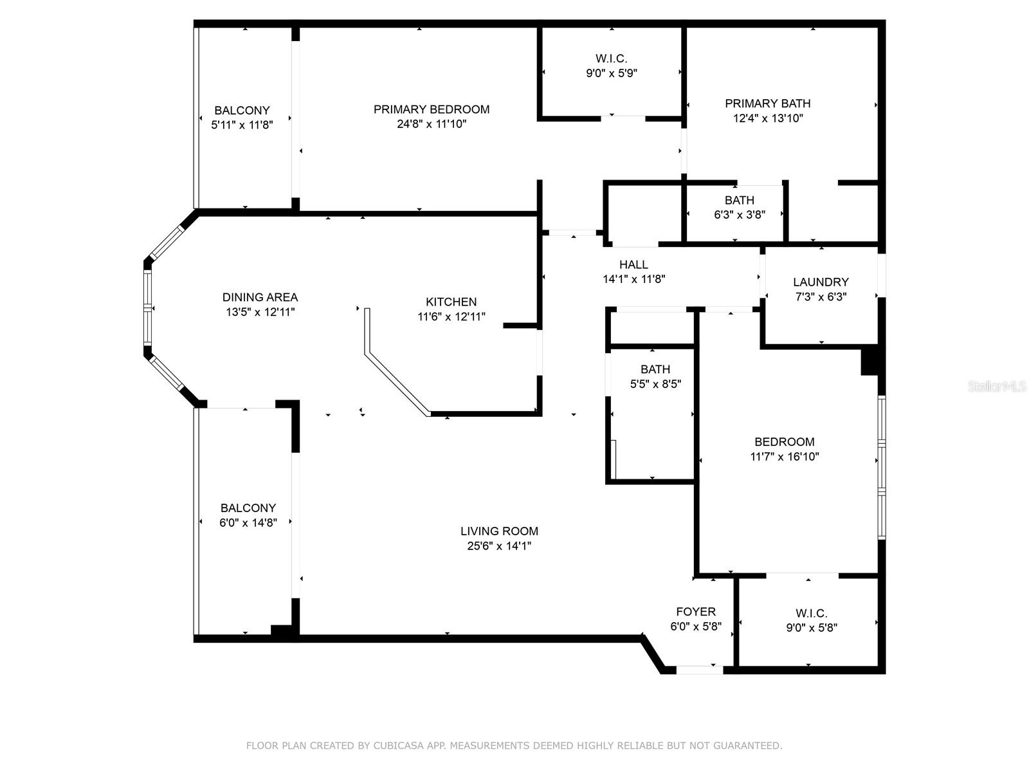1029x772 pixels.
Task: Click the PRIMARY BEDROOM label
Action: point(432,109)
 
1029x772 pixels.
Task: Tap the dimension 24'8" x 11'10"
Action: point(432,124)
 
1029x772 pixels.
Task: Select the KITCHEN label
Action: point(451,302)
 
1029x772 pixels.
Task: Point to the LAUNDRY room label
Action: point(821,282)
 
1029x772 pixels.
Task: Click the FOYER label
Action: point(695,612)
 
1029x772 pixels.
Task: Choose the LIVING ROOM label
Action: point(499,531)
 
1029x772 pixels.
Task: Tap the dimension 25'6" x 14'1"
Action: point(499,546)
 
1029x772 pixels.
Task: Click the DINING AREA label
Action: point(260,297)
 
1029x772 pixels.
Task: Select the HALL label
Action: point(633,264)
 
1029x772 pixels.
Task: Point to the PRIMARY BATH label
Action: point(767,104)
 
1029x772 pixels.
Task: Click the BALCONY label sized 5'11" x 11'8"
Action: point(242,111)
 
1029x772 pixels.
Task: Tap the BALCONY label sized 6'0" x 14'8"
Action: point(248,508)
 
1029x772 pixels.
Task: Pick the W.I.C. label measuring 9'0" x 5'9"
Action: point(611,59)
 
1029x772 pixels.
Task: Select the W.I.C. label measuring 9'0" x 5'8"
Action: point(811,614)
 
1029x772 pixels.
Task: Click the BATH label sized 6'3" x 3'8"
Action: point(739,200)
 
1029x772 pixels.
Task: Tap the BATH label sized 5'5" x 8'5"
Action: point(655,369)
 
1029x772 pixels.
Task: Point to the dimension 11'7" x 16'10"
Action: point(785,457)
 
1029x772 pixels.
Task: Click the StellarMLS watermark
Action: point(997,387)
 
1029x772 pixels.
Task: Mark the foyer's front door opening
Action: point(699,670)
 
